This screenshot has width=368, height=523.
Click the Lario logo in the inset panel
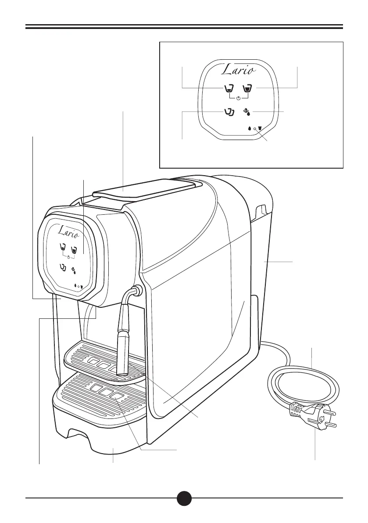pyautogui.click(x=239, y=69)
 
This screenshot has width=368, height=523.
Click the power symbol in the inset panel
pyautogui.click(x=238, y=97)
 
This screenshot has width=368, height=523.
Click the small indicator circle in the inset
pyautogui.click(x=255, y=129)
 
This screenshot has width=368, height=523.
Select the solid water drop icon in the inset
pyautogui.click(x=250, y=129)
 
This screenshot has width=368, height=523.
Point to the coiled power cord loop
pyautogui.click(x=303, y=382)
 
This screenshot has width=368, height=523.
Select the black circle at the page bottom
pyautogui.click(x=184, y=498)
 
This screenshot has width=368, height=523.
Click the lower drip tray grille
pyautogui.click(x=103, y=393)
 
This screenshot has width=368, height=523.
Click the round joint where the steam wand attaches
pyautogui.click(x=136, y=291)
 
